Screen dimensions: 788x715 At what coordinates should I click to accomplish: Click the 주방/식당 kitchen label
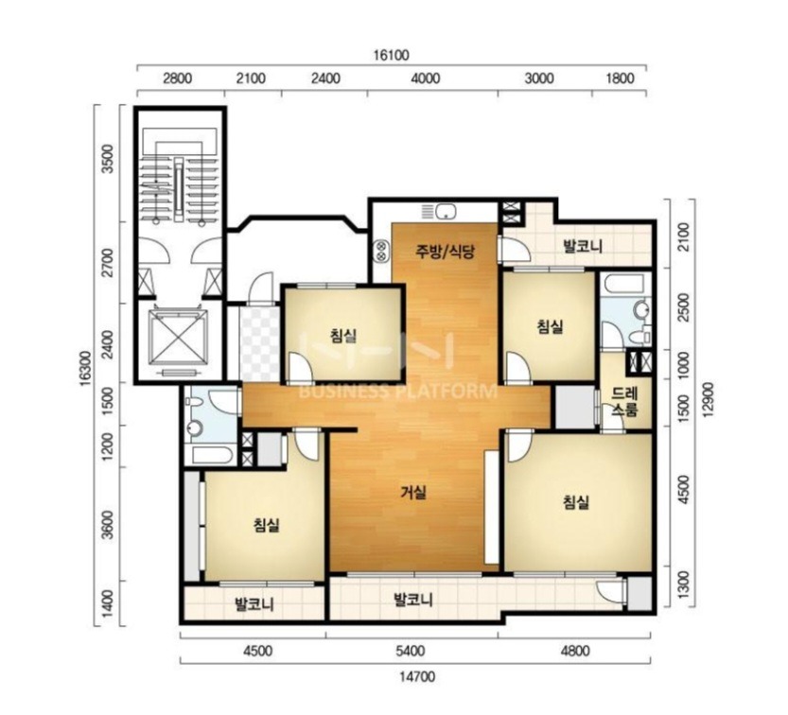point(445,251)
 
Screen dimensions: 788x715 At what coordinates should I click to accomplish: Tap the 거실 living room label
point(413,493)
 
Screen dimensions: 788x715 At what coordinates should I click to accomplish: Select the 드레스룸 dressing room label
point(624,401)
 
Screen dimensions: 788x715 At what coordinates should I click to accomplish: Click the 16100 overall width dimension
point(391,55)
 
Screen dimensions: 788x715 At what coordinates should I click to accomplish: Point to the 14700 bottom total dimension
point(417,677)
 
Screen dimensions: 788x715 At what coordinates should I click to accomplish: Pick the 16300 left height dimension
point(85,369)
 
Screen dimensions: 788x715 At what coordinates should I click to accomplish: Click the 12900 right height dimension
point(709,399)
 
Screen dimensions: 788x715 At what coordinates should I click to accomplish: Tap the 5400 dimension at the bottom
point(411,652)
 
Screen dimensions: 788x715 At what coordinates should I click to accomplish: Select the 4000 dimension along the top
point(425,78)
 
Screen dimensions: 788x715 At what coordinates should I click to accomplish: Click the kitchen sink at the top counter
point(446,212)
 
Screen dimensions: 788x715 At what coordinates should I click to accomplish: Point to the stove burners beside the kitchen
point(381,252)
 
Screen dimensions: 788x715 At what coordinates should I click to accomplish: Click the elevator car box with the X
point(178,337)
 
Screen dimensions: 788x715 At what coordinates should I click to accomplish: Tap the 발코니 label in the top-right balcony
point(583,246)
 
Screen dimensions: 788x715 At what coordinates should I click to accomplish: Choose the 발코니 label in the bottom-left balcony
point(254,604)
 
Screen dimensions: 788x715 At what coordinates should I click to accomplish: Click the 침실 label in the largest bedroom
point(576,502)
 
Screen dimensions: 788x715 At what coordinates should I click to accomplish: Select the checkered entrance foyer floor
point(259,343)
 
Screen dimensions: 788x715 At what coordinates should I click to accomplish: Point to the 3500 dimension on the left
point(108,158)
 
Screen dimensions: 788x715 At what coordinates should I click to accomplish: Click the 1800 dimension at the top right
point(620,78)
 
